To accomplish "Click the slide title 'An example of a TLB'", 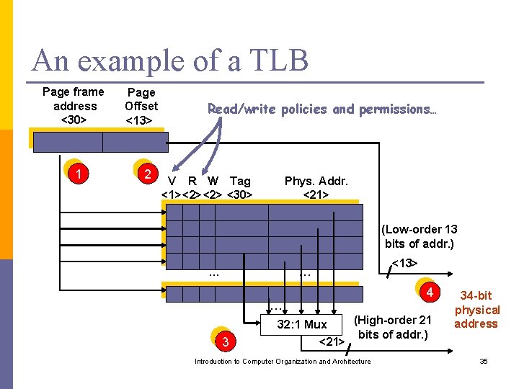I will click(170, 60).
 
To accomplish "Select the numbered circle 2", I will click(147, 174).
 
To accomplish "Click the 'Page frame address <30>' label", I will click(74, 105).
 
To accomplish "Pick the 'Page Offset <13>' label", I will click(141, 106).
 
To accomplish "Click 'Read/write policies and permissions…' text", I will click(321, 109).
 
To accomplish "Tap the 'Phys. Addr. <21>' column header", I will click(316, 187).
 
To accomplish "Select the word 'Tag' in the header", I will click(240, 182).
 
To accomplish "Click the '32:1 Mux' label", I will click(302, 325).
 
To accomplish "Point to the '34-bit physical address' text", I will click(476, 310).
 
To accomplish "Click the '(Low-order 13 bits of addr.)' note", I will click(420, 236).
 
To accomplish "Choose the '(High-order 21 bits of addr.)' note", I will click(394, 327).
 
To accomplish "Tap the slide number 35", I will click(484, 361).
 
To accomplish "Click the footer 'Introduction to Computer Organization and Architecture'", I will click(283, 361).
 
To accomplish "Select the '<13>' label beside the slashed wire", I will click(404, 263).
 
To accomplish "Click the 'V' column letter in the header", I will click(172, 182).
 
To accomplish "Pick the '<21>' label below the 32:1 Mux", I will click(331, 341).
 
